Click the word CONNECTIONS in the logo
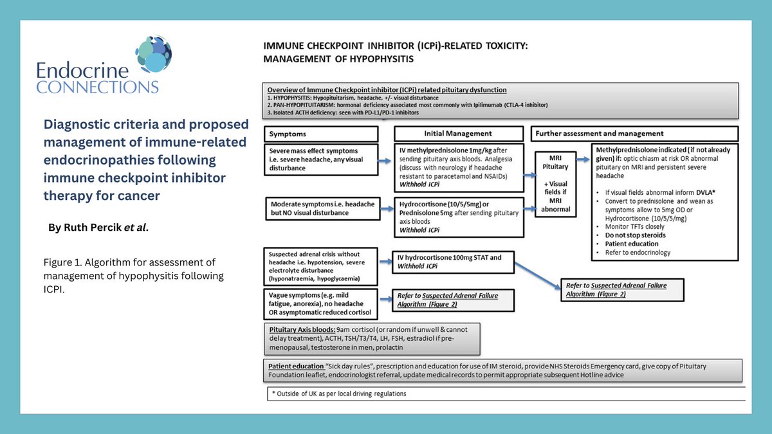[97, 87]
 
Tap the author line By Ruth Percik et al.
[98, 227]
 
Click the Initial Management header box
[457, 134]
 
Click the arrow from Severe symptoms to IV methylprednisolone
[385, 163]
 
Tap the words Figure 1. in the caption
[60, 262]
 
